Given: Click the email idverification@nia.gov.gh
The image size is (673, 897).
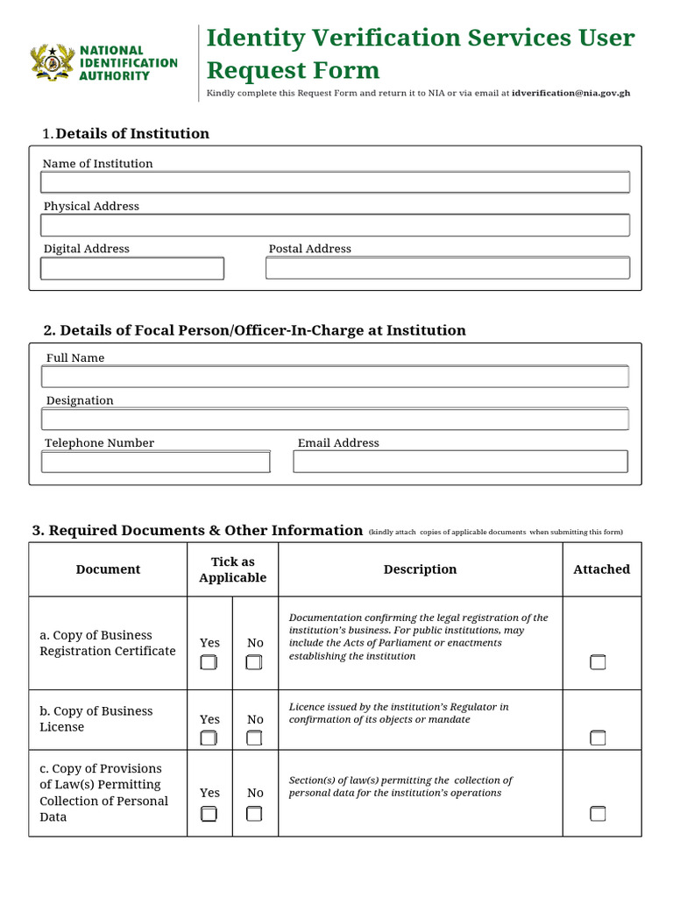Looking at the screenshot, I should click(x=570, y=93).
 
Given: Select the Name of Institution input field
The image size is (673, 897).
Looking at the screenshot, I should click(x=335, y=182).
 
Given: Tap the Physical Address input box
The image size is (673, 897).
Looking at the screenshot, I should click(x=335, y=225).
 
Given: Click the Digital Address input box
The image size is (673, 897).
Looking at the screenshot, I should click(x=132, y=268).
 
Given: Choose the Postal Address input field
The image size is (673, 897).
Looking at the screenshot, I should click(x=447, y=268).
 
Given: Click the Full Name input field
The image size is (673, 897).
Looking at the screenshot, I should click(x=335, y=377).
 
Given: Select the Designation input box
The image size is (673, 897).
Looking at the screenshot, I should click(x=335, y=419).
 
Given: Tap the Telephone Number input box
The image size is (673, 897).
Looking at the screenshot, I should click(x=156, y=462).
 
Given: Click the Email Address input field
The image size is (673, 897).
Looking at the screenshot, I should click(x=460, y=462).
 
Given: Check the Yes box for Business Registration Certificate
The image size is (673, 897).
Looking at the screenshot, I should click(x=209, y=662).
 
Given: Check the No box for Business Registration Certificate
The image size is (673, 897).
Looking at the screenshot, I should click(x=254, y=662).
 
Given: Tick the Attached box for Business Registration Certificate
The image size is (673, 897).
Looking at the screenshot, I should click(x=598, y=662).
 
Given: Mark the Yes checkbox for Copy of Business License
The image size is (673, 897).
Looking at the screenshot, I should click(x=209, y=738).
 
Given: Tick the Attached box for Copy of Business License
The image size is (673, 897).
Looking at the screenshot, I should click(x=598, y=738).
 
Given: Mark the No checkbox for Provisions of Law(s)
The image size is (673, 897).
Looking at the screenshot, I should click(x=254, y=814).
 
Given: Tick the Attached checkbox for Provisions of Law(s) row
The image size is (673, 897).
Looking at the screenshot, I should click(x=598, y=814).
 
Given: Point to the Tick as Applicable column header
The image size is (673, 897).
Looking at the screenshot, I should click(x=232, y=569).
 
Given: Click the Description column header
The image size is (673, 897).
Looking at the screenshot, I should click(x=420, y=569).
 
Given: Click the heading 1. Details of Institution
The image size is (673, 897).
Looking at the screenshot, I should click(x=126, y=133).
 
